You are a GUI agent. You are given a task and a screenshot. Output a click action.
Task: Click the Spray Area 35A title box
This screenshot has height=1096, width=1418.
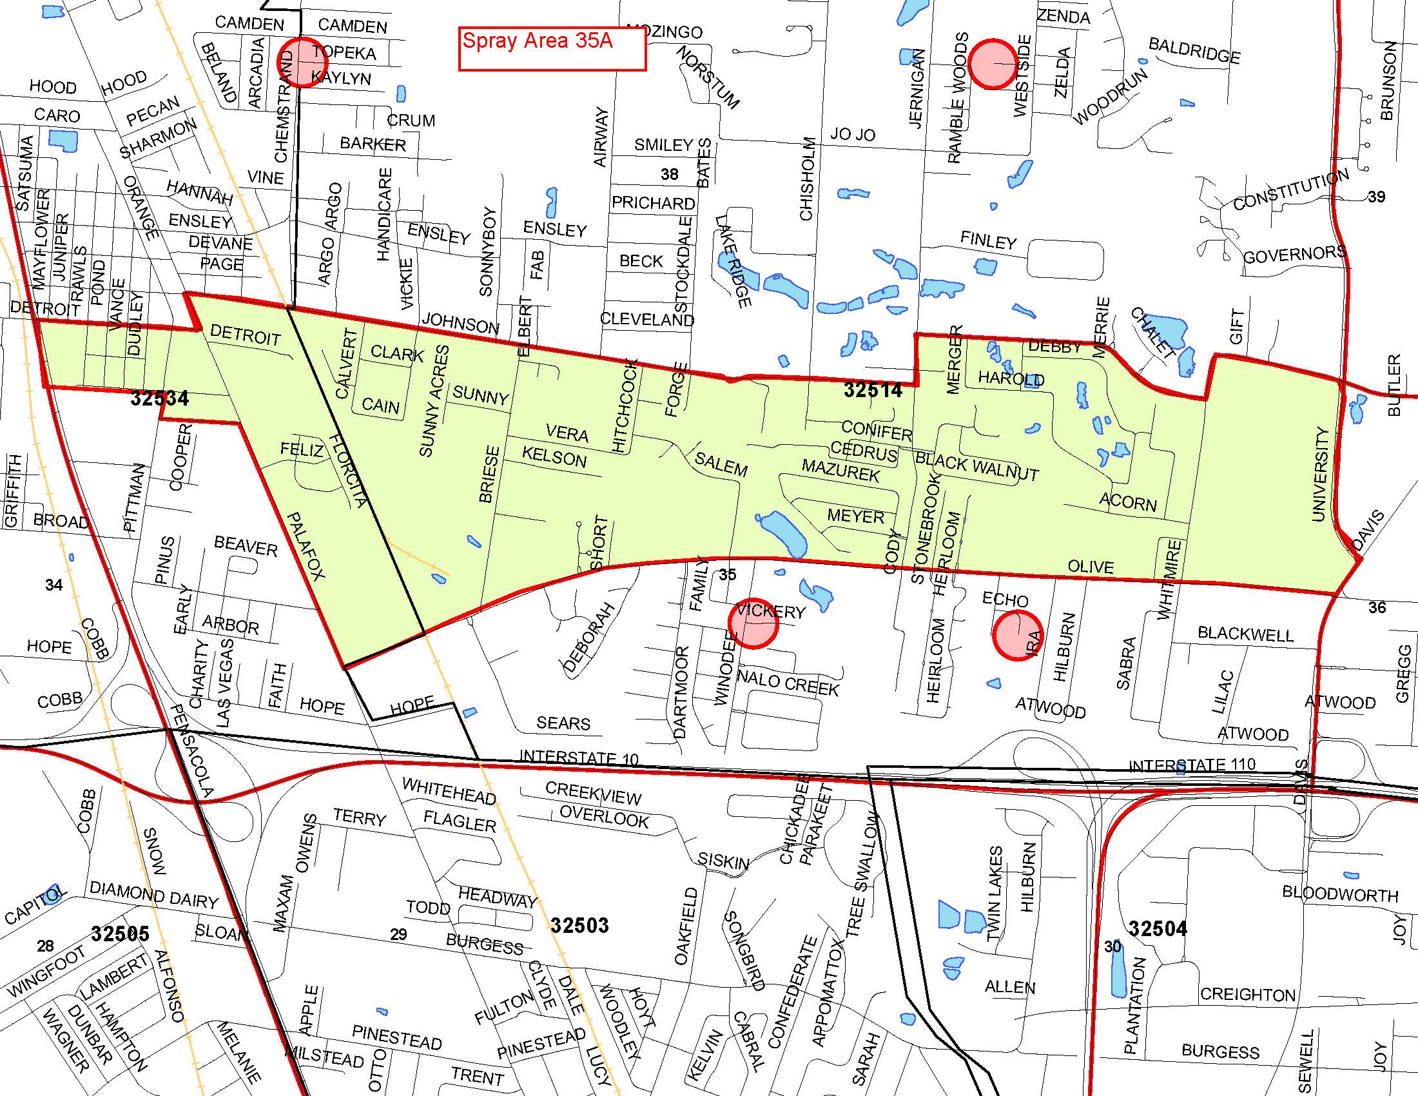point(552,49)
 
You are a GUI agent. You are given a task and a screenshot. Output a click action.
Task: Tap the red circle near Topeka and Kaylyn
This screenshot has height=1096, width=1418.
point(302,62)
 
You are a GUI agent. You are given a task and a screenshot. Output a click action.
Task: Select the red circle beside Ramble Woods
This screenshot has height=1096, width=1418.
point(993,64)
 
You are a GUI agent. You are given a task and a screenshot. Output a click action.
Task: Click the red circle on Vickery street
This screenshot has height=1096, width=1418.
point(753,623)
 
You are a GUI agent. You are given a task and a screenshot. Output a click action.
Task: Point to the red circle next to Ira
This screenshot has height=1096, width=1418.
point(1017,635)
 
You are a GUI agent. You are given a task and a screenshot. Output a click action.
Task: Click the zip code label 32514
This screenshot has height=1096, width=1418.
point(873,389)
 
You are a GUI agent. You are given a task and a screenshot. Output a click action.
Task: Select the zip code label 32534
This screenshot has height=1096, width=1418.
point(160,397)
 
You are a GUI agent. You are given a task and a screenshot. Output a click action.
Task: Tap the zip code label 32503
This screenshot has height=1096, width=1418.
point(579,925)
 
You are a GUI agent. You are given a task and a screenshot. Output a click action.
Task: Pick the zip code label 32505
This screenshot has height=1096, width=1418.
point(120,934)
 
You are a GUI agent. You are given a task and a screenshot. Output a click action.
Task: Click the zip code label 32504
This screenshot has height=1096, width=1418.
point(1157,929)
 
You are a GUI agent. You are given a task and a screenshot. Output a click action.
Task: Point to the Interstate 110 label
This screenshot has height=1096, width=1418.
point(1192,765)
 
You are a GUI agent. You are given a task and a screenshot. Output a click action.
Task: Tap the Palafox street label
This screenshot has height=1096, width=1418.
point(305,545)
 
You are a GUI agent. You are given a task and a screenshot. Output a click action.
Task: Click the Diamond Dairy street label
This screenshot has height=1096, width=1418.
point(154,895)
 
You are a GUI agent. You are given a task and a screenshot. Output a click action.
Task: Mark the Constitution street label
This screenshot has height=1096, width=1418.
point(1291,189)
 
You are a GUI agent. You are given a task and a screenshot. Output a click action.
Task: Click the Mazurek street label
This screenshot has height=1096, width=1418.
point(840,470)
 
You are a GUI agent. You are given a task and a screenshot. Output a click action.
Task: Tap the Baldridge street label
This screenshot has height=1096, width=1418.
point(1194,51)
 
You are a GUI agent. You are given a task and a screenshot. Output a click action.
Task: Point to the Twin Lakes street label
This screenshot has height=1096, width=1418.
point(995,894)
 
